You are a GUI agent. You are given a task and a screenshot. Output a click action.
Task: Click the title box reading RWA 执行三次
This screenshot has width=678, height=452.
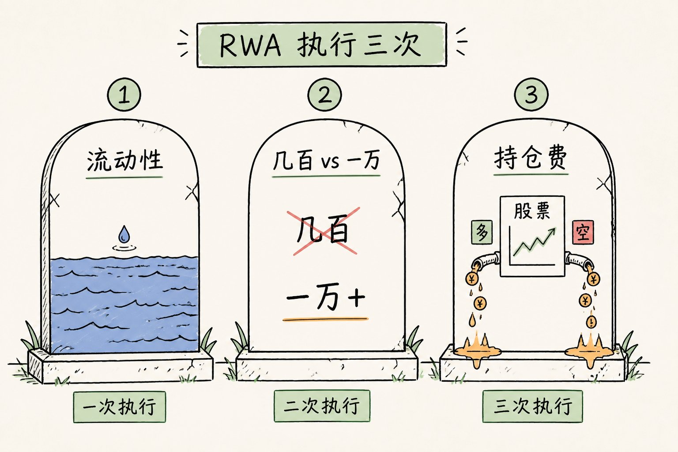pyautogui.click(x=321, y=45)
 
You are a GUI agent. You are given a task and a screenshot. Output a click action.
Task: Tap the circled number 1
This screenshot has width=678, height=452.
pyautogui.click(x=124, y=94)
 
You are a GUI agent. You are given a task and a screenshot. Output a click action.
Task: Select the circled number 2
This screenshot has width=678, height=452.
pyautogui.click(x=324, y=94)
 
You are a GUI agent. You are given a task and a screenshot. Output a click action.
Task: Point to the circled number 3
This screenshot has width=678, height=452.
pyautogui.click(x=531, y=94)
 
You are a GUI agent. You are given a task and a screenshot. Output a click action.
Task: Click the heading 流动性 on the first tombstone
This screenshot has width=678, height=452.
pyautogui.click(x=125, y=160)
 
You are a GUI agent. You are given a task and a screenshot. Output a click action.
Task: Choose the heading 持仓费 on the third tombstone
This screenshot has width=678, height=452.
pyautogui.click(x=530, y=158)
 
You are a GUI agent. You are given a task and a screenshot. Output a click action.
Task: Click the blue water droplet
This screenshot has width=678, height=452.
pyautogui.click(x=124, y=234)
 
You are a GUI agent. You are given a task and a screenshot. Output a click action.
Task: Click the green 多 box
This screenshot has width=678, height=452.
pyautogui.click(x=482, y=232)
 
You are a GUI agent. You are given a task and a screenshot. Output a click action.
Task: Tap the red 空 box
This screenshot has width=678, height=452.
pyautogui.click(x=583, y=232)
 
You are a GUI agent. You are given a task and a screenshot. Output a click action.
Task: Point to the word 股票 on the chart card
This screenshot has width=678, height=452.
pyautogui.click(x=532, y=211)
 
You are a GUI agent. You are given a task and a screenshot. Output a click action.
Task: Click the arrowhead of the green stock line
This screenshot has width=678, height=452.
pyautogui.click(x=552, y=232)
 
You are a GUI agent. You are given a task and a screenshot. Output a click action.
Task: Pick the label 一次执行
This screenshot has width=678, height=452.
pyautogui.click(x=120, y=407)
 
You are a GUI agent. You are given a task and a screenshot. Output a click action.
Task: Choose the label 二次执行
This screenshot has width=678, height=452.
pyautogui.click(x=322, y=406)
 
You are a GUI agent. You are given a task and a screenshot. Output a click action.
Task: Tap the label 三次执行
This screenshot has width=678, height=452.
pyautogui.click(x=532, y=406)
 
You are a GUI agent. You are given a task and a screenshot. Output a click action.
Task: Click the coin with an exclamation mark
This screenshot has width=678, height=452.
pyautogui.click(x=591, y=321)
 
